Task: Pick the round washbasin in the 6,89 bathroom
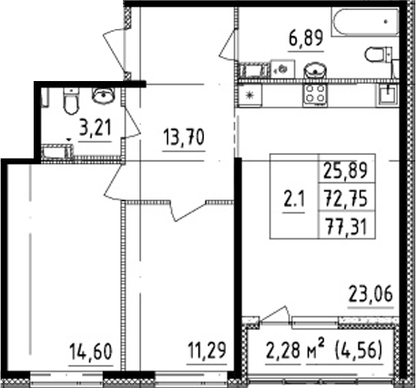pos(316,68)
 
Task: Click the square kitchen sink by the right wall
pos(390,92)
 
